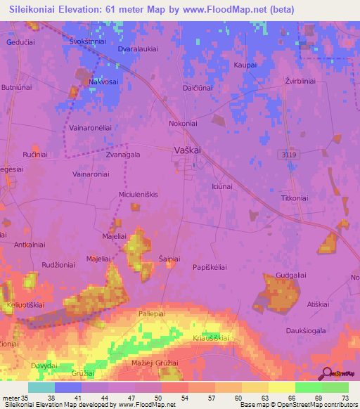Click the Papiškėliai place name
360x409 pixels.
(210, 268)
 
